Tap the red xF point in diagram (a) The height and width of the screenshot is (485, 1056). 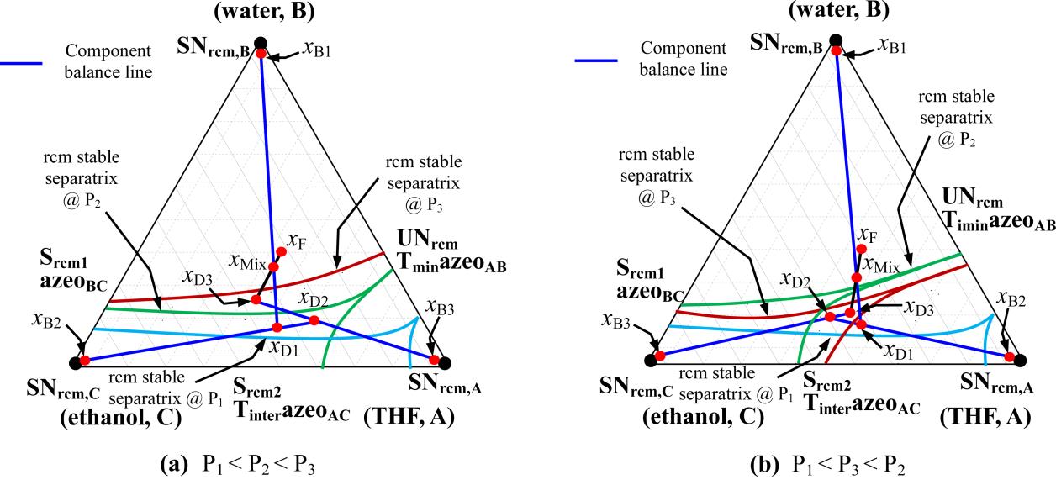[x=282, y=250]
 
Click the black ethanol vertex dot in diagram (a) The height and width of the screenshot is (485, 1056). [x=76, y=361]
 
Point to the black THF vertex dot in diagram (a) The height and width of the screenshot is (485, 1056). [x=445, y=361]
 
